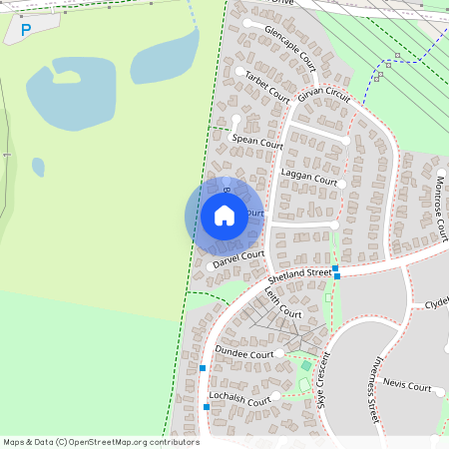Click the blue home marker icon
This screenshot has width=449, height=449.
coord(224,215)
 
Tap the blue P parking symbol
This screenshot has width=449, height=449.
coord(26,31)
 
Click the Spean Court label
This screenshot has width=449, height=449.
coord(257,142)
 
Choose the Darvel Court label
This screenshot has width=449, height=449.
coord(238,259)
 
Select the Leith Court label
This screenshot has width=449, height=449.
coord(282,302)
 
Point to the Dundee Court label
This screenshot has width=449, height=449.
coord(243,353)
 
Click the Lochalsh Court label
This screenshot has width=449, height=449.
coord(240,400)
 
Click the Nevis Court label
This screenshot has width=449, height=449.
coord(405,386)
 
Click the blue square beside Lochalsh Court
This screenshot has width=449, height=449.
coord(207,407)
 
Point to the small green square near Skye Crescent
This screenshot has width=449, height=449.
coord(306,366)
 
